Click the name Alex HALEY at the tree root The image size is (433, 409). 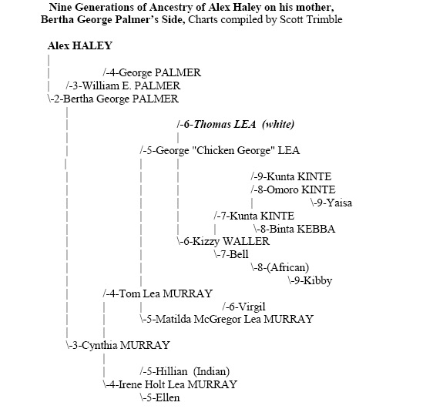click(80, 45)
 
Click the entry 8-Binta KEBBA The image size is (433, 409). click(294, 229)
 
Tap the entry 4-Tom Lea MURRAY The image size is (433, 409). click(158, 293)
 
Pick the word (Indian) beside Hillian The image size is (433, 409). click(211, 372)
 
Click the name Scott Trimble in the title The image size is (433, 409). click(311, 19)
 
